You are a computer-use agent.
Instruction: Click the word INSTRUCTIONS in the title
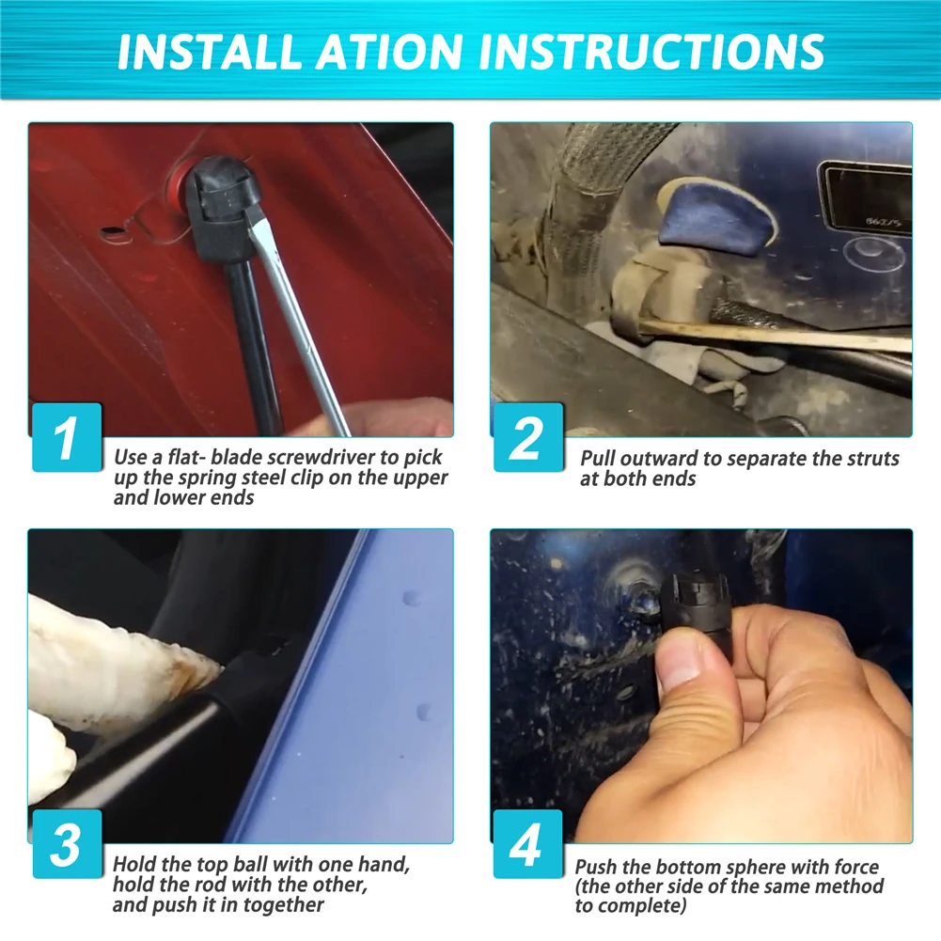651,52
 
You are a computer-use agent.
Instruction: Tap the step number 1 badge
67,437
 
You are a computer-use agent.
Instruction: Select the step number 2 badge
528,437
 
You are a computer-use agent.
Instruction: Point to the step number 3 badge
67,844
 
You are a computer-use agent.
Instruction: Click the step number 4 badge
528,844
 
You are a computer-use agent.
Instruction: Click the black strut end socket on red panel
222,207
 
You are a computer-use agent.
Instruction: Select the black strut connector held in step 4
697,604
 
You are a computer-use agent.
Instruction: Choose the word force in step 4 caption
856,867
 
